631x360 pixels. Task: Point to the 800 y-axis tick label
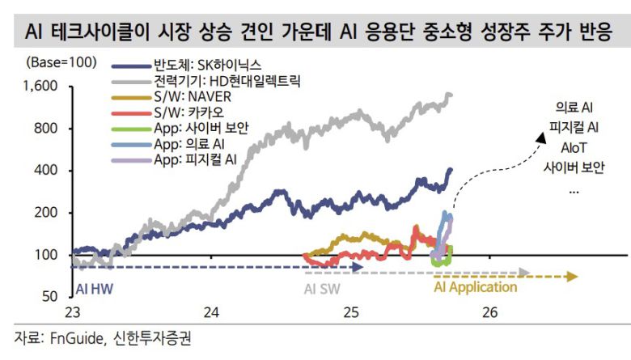[49, 129]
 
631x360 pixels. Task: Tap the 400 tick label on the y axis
[49, 171]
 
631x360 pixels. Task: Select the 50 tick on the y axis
[52, 297]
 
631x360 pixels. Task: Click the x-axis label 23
[72, 313]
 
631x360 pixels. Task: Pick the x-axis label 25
[350, 313]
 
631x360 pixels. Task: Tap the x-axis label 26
[489, 313]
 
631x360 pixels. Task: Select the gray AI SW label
[321, 287]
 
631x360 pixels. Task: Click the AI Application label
[475, 287]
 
